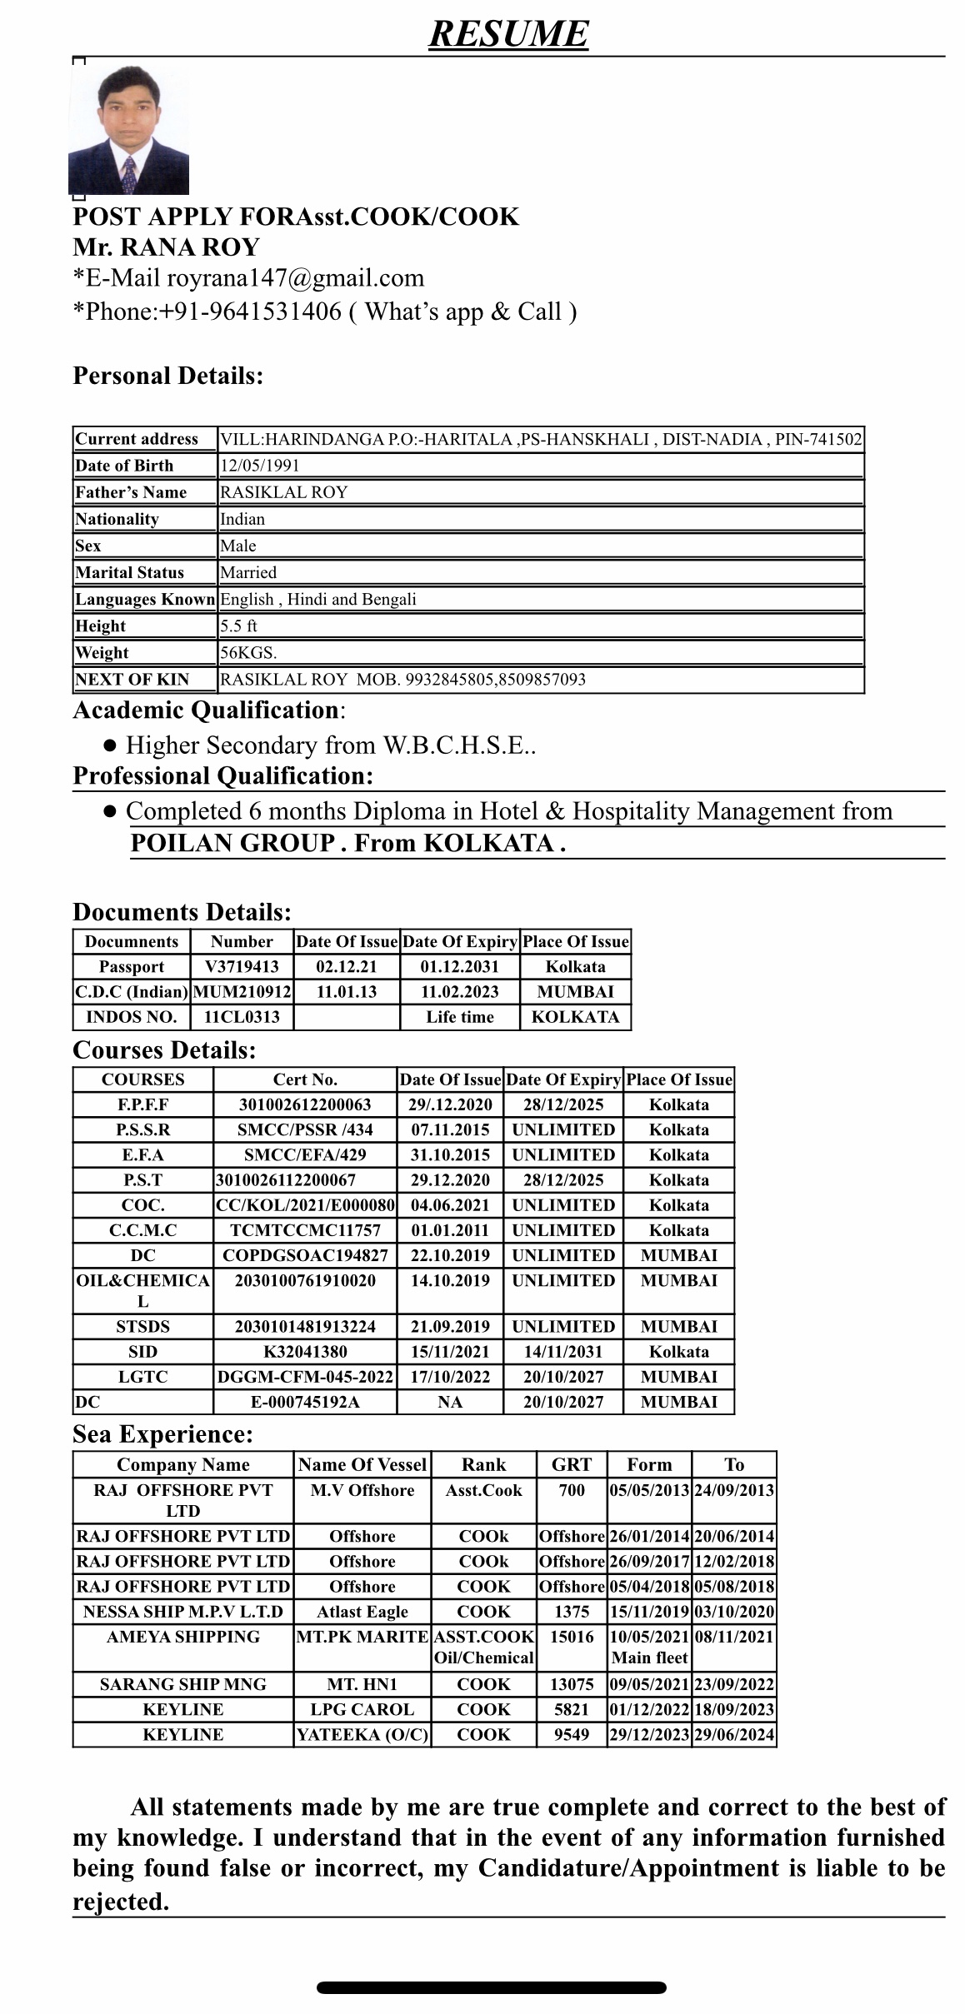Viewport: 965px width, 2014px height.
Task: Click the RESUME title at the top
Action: (x=508, y=33)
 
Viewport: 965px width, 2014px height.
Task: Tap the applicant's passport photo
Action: (x=128, y=131)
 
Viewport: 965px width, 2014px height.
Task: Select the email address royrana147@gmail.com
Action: (x=295, y=277)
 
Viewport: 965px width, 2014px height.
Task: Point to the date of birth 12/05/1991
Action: (x=259, y=466)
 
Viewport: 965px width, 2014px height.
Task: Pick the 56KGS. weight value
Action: (x=248, y=652)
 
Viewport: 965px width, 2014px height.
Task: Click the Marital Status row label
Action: (x=129, y=572)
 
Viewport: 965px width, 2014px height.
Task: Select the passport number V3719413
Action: (x=242, y=966)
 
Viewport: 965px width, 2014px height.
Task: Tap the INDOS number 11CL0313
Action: (x=242, y=1016)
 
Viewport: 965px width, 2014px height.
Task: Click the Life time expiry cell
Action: (x=459, y=1016)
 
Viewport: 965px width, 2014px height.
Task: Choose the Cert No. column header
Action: (x=305, y=1079)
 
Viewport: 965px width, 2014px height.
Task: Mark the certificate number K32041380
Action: (x=305, y=1351)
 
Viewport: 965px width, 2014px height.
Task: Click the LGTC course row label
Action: (x=142, y=1376)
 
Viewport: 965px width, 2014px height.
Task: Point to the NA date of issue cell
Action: (x=450, y=1402)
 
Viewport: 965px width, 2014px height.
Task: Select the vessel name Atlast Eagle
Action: (x=362, y=1611)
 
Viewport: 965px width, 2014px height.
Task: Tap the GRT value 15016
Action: (x=572, y=1636)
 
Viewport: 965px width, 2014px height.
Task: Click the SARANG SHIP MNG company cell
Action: (x=182, y=1683)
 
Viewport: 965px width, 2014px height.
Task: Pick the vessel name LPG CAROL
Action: (x=362, y=1708)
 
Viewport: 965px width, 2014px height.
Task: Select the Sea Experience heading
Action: (x=162, y=1433)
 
